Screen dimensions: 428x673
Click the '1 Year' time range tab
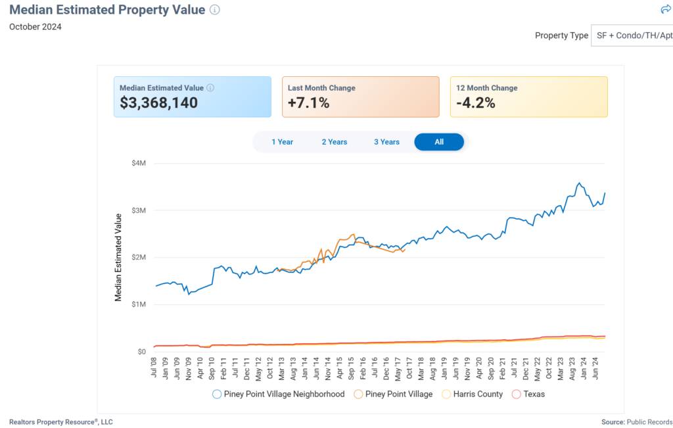tap(282, 142)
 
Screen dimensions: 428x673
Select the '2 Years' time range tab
tap(335, 142)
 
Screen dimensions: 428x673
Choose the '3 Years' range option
tap(386, 142)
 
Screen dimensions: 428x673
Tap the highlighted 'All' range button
tap(439, 142)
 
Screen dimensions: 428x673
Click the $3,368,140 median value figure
tap(158, 103)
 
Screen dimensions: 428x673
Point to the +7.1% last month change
tap(308, 103)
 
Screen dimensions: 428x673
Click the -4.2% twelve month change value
tap(475, 103)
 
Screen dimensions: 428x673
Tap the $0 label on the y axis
tap(141, 352)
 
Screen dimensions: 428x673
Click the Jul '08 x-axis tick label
tap(154, 369)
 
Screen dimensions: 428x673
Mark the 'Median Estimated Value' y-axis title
tap(119, 257)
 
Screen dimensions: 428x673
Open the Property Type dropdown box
tap(631, 36)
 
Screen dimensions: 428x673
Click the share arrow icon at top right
tap(665, 9)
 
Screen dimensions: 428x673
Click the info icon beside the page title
tap(215, 10)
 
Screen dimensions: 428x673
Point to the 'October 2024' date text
tap(35, 27)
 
